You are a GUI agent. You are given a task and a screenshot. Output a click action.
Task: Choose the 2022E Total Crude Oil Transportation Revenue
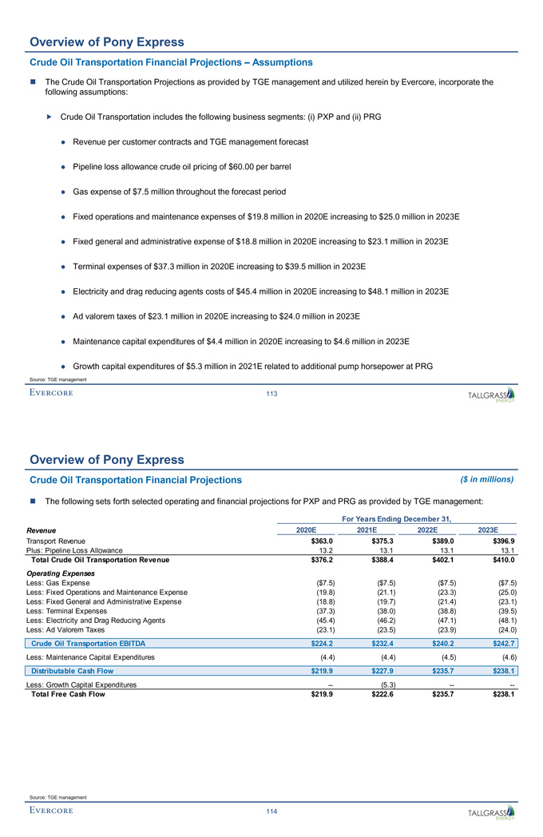pyautogui.click(x=444, y=558)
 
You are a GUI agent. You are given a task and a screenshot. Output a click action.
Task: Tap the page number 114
pyautogui.click(x=271, y=811)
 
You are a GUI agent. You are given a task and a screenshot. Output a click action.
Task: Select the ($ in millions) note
pyautogui.click(x=487, y=479)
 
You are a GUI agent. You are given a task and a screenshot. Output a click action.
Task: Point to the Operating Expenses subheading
pyautogui.click(x=61, y=573)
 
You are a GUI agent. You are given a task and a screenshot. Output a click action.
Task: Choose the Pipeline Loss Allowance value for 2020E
pyautogui.click(x=324, y=549)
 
